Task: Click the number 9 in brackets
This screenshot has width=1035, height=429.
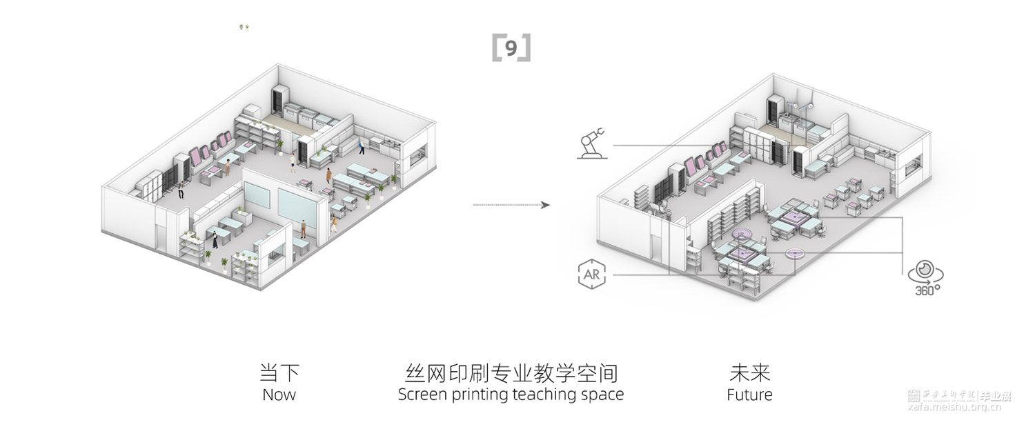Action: [x=511, y=49]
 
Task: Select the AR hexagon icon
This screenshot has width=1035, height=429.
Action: [x=591, y=275]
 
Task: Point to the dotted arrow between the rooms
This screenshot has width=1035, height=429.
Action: [x=511, y=205]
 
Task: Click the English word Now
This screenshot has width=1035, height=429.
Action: [x=279, y=395]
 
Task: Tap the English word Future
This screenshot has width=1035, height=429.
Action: [x=749, y=395]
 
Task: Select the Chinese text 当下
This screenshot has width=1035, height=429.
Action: [x=279, y=373]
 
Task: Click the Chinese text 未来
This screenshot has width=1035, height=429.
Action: [x=749, y=373]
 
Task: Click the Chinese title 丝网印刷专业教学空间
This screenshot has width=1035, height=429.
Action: [x=511, y=373]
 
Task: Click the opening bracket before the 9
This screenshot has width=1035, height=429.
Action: [x=496, y=49]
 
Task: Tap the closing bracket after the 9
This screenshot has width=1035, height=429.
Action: [x=526, y=49]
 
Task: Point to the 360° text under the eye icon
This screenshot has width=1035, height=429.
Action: [x=924, y=290]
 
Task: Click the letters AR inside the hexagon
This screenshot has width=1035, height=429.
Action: [x=591, y=275]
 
